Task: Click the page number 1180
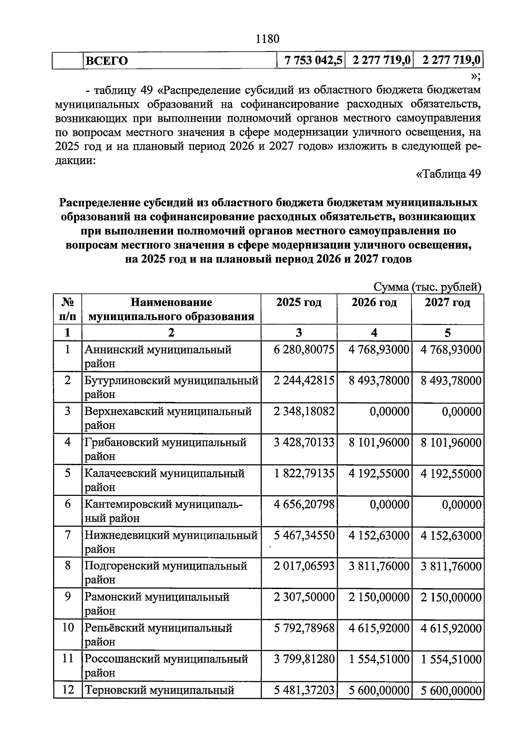click(267, 39)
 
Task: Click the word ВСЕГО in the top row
click(106, 61)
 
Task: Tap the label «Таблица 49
click(448, 174)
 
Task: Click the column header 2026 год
click(374, 302)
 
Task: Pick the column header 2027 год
click(447, 302)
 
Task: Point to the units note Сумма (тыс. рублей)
click(427, 287)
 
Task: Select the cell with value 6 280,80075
click(304, 349)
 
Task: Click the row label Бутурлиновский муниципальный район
click(171, 387)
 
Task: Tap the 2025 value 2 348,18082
click(304, 411)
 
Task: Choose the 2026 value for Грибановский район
click(379, 442)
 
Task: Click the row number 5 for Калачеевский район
click(68, 473)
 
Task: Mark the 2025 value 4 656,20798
click(304, 504)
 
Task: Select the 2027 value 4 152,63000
click(451, 535)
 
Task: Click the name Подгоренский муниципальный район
click(166, 573)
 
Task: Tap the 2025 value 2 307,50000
click(304, 597)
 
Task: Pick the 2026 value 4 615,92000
click(379, 628)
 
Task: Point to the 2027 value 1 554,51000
click(451, 659)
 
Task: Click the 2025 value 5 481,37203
click(304, 690)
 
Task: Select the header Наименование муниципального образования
click(171, 309)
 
